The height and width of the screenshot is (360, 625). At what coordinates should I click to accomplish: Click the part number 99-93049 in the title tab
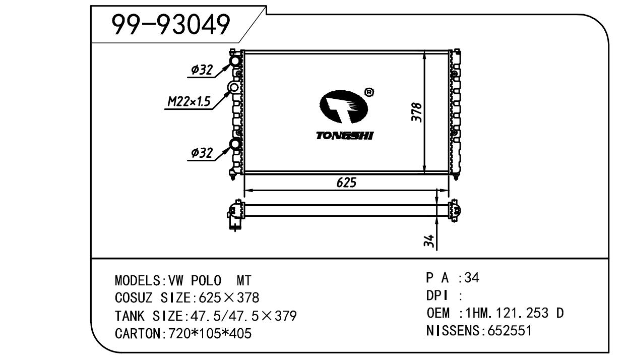pyautogui.click(x=171, y=25)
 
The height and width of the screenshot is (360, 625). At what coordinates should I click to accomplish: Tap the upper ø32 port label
pyautogui.click(x=202, y=70)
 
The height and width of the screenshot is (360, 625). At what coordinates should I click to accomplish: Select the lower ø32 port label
pyautogui.click(x=202, y=153)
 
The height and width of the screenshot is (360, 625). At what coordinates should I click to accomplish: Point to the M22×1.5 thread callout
pyautogui.click(x=189, y=101)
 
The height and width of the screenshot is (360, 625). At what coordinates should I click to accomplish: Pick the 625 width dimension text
pyautogui.click(x=346, y=183)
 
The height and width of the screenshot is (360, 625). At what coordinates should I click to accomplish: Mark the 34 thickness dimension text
pyautogui.click(x=429, y=241)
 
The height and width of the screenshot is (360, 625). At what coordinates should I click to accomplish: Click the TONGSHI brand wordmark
pyautogui.click(x=345, y=136)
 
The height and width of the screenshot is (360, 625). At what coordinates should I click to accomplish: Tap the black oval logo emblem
pyautogui.click(x=343, y=106)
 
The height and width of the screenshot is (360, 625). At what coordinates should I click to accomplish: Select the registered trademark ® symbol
pyautogui.click(x=369, y=92)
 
